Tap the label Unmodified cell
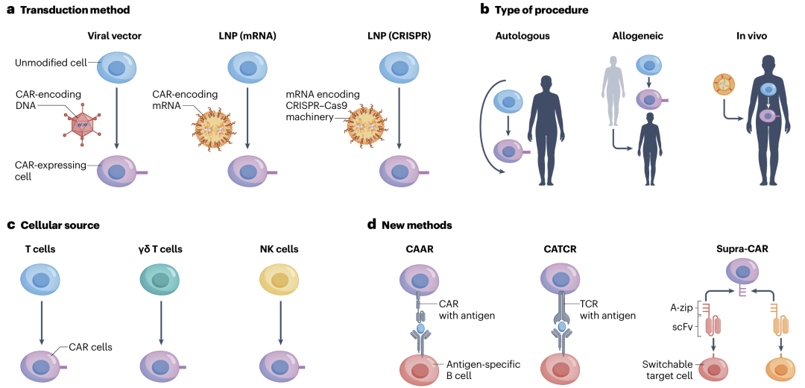tap(50, 63)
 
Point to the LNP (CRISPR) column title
tap(400, 35)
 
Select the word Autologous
tap(523, 35)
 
